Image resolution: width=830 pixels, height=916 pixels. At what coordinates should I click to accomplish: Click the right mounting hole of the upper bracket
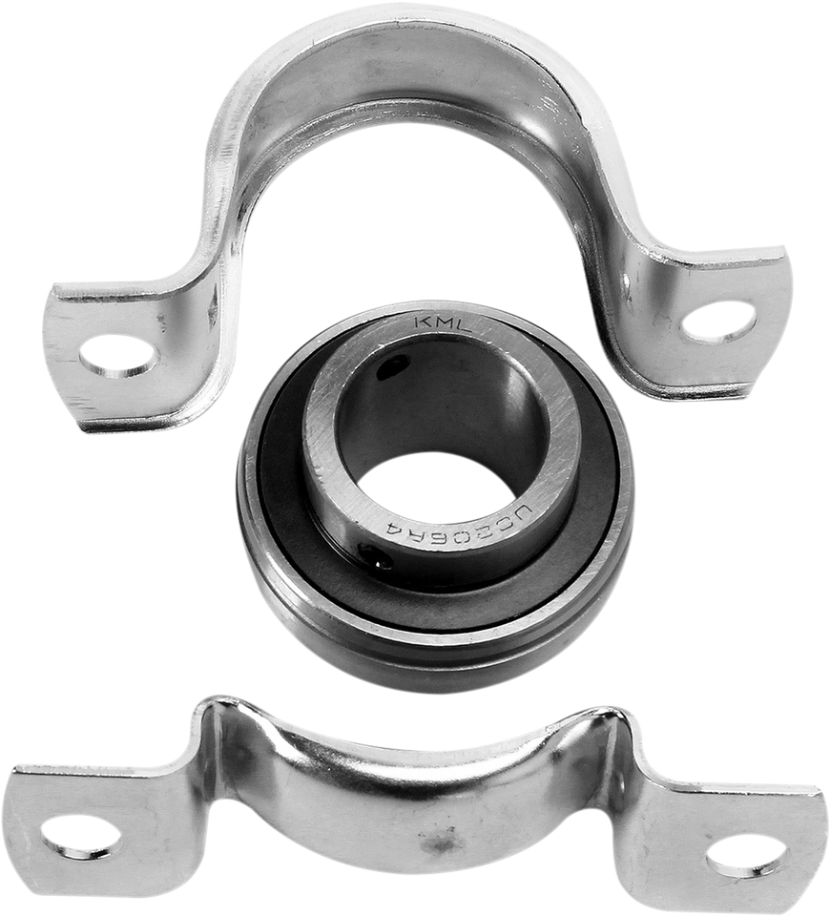point(721,321)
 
